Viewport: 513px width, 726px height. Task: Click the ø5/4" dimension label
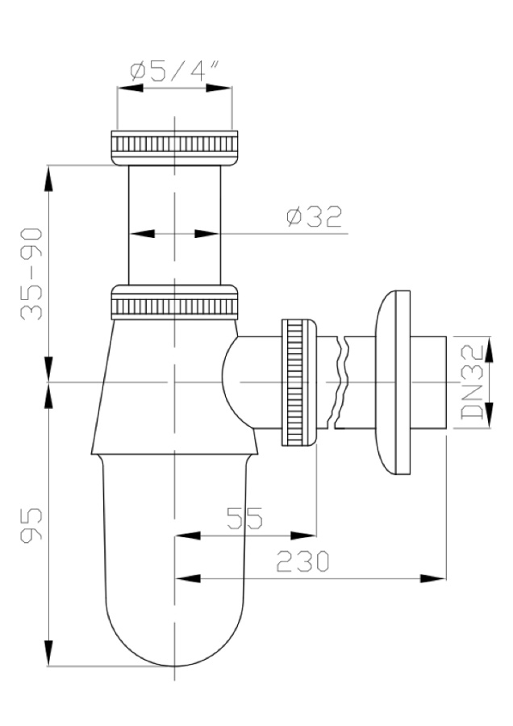173,71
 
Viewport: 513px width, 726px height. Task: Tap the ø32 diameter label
315,216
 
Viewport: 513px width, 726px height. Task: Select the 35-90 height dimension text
31,273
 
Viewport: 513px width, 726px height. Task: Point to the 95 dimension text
31,524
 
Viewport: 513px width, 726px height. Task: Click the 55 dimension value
244,518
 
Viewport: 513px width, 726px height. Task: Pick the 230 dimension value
302,561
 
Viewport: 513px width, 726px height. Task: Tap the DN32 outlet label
473,382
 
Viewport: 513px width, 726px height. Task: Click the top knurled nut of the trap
174,148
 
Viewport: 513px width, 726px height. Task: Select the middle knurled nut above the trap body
174,302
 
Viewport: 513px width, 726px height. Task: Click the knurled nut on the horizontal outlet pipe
299,382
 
